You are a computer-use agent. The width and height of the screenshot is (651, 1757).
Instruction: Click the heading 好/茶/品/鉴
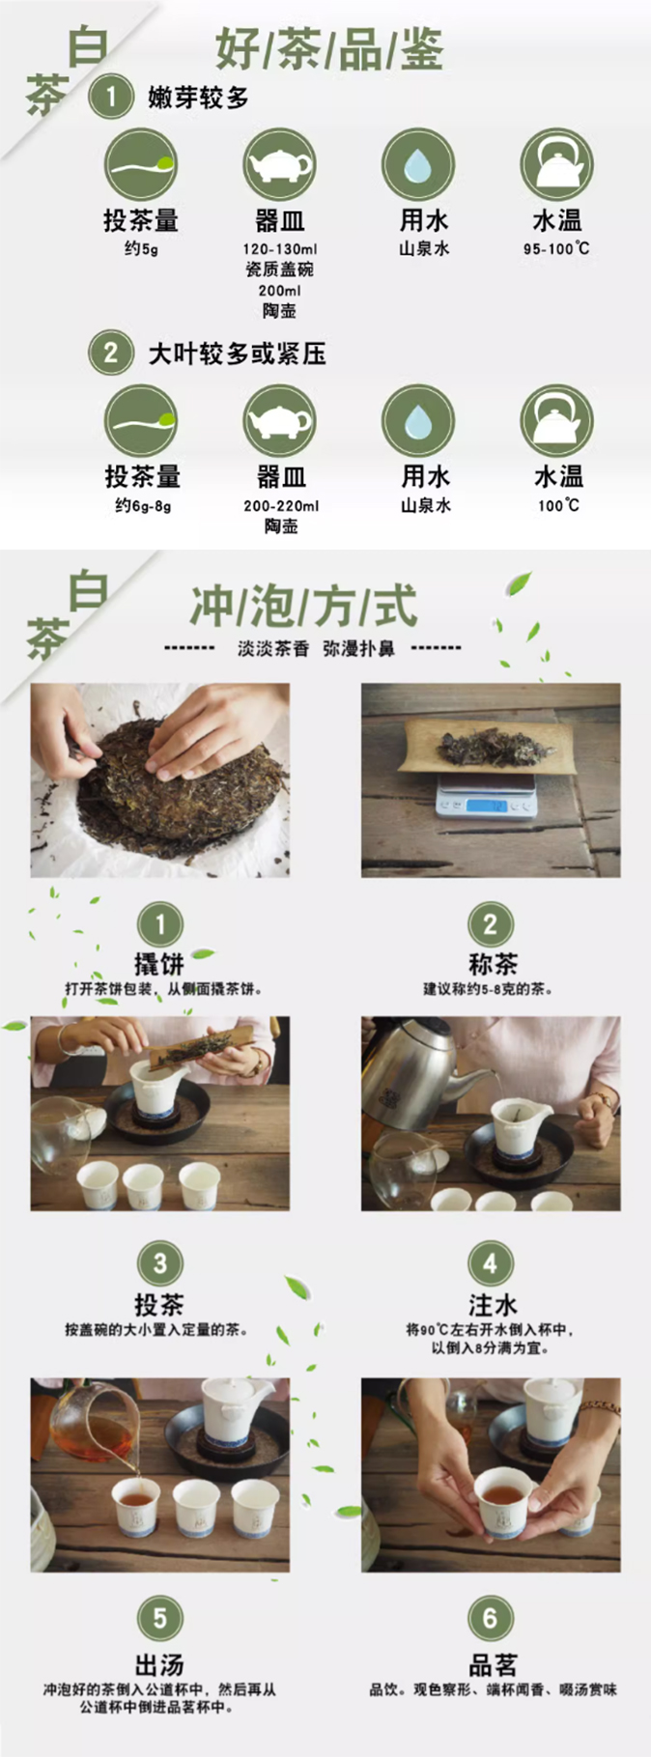329,48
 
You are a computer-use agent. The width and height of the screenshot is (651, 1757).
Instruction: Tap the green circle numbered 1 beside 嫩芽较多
111,97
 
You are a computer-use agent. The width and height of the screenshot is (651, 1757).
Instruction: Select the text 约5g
141,249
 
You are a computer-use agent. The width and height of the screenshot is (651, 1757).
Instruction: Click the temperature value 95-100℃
556,249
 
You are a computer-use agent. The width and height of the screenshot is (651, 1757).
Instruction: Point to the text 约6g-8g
143,505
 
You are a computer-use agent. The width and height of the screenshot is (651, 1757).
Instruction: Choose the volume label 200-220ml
281,505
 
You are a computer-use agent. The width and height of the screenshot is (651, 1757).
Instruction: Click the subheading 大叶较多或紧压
237,354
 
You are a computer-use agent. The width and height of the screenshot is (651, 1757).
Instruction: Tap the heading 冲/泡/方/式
303,607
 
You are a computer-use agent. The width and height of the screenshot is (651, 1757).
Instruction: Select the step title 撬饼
158,963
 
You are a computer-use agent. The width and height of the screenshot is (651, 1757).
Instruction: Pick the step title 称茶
493,963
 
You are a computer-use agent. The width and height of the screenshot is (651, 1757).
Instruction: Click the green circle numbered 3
160,1263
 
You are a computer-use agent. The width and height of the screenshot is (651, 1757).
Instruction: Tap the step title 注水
493,1305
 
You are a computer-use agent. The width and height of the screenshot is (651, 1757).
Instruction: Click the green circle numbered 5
160,1618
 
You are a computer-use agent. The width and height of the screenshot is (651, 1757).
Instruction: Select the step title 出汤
158,1664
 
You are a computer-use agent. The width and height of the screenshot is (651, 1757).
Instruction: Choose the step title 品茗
493,1664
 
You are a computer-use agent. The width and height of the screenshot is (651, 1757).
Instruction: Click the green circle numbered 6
491,1618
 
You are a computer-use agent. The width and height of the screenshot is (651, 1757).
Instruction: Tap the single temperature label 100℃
558,505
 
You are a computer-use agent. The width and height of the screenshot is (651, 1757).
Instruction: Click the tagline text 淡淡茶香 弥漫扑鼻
317,649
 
